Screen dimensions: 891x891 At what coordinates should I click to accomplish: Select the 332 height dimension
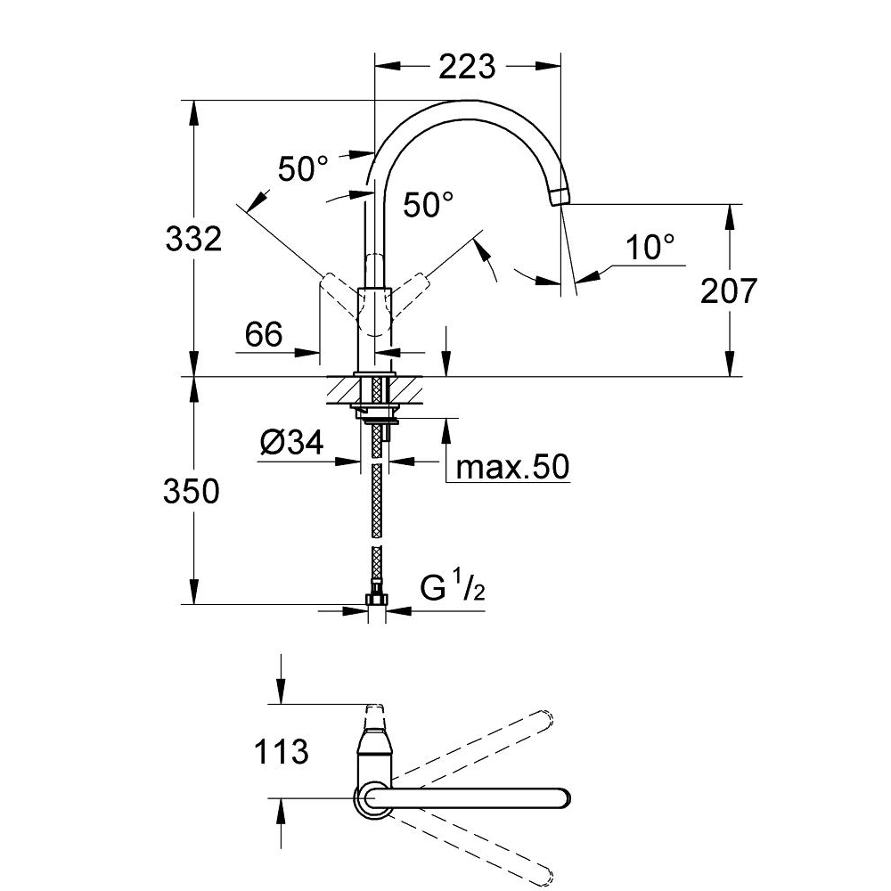tap(193, 239)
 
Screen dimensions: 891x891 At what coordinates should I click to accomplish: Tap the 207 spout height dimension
tap(729, 290)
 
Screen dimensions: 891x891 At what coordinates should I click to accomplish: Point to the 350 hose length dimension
tap(191, 491)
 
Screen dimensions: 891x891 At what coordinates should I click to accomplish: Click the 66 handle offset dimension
tap(264, 335)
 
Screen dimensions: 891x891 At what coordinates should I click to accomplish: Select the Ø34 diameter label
tap(293, 443)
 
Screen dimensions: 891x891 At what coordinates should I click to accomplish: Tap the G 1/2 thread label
tap(452, 589)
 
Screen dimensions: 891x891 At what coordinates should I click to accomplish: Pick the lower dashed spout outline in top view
tap(472, 842)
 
